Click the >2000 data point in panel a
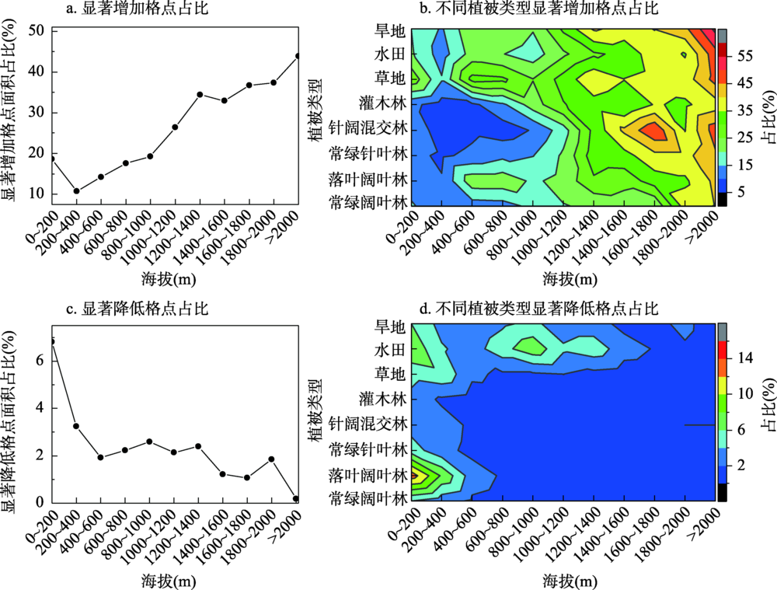298,56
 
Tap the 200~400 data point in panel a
76,190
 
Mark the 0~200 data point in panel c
52,341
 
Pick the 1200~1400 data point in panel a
200,94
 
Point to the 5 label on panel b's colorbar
743,191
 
